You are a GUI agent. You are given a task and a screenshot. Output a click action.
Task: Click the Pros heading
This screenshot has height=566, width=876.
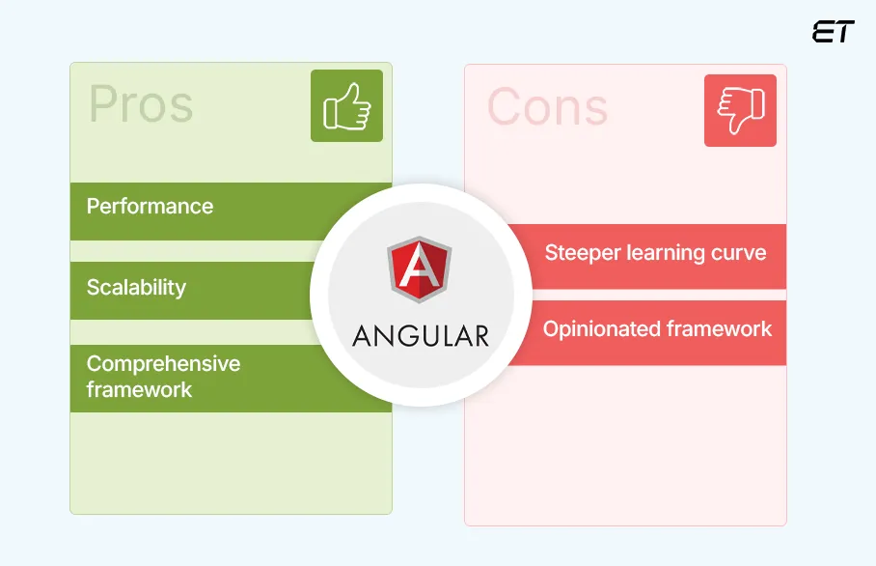(x=141, y=104)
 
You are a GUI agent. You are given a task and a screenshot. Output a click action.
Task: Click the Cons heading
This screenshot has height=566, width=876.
(x=547, y=106)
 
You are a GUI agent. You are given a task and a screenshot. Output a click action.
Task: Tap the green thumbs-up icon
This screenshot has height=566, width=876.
(x=346, y=106)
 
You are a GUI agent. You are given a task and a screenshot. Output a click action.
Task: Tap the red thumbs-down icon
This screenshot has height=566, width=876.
(x=740, y=111)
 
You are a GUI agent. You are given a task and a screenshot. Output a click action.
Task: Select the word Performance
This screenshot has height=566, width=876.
(x=150, y=206)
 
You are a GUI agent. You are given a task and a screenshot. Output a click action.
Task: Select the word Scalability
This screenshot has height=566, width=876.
(x=136, y=287)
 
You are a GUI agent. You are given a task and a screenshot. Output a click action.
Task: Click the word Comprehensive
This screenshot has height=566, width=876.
(x=163, y=364)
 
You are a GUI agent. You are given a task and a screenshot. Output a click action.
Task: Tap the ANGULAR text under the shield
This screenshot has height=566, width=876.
(x=421, y=335)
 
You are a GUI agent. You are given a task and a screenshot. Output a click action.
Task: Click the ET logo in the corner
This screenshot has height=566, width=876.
(x=833, y=32)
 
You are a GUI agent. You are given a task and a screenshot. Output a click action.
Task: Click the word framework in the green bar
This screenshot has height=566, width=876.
(x=139, y=390)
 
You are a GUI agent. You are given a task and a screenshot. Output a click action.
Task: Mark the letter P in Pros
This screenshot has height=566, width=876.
(x=104, y=104)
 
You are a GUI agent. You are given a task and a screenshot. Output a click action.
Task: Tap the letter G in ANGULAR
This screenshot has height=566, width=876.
(x=404, y=335)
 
